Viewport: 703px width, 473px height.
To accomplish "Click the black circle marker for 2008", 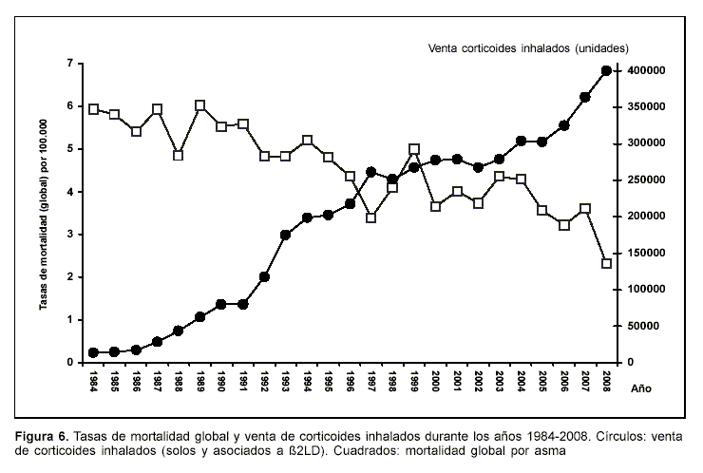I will click(606, 71).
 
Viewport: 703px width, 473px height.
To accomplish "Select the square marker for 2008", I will click(606, 263).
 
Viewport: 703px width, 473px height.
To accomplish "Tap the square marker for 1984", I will click(93, 109).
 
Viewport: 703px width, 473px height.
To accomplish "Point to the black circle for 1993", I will click(285, 235).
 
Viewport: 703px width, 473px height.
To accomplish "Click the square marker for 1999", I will click(414, 149).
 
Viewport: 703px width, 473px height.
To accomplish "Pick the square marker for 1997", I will click(371, 218).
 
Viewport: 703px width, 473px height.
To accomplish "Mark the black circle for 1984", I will click(93, 352).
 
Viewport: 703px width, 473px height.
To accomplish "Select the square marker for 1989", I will click(200, 106).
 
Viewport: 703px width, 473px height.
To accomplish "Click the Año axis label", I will click(642, 388).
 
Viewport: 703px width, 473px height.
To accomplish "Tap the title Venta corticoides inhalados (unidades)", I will click(528, 47).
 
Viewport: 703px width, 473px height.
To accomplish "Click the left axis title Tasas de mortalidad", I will click(44, 212).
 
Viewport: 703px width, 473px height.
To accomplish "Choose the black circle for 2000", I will click(435, 161).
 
